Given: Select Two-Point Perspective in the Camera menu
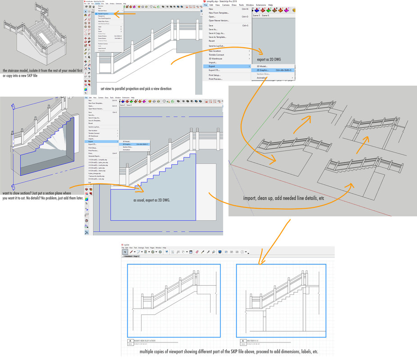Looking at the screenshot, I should click(x=104, y=18).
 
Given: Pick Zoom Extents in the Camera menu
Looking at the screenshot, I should click(x=102, y=38).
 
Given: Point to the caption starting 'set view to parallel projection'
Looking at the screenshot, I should click(x=136, y=89).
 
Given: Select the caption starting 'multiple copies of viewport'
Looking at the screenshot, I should click(x=229, y=351).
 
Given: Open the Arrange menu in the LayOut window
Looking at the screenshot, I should click(x=141, y=248).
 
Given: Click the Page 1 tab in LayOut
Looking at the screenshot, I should click(x=136, y=256).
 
